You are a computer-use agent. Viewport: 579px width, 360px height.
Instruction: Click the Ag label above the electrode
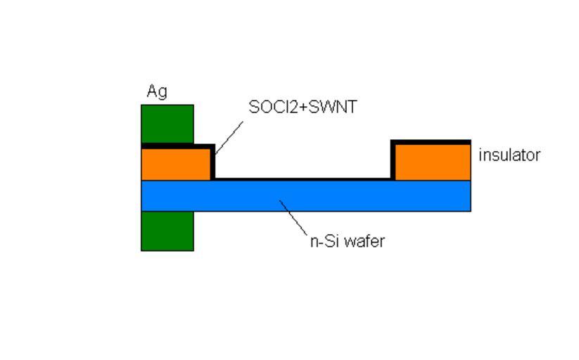click(x=157, y=91)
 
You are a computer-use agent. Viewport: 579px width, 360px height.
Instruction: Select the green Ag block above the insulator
click(x=167, y=124)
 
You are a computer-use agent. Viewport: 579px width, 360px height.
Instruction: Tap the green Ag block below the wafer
click(x=167, y=231)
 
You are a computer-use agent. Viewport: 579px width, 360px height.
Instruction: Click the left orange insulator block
click(x=176, y=164)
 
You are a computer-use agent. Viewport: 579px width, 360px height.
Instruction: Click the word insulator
click(x=509, y=155)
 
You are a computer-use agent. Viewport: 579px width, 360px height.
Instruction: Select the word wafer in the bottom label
click(x=368, y=242)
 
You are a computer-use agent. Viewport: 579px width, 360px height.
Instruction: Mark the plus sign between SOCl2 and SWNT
click(x=304, y=108)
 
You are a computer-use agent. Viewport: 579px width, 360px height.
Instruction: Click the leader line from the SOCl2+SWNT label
click(x=229, y=136)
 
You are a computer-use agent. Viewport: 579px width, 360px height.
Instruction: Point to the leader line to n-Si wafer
click(x=293, y=217)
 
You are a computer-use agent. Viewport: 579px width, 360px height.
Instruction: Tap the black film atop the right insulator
click(x=431, y=142)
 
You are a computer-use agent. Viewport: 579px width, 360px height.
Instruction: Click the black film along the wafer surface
click(x=303, y=179)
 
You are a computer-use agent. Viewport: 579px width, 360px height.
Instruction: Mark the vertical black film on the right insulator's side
click(x=392, y=160)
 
